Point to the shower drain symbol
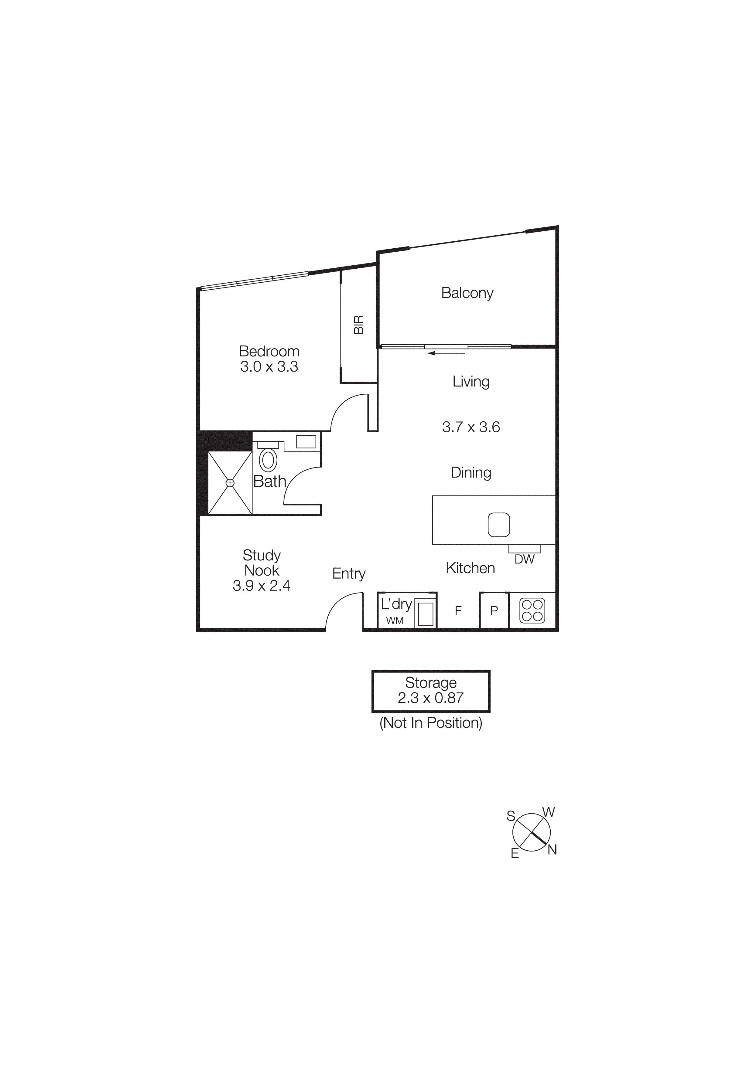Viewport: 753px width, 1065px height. [230, 483]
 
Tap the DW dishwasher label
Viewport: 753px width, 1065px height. [524, 560]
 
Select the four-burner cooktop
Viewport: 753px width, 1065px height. [532, 611]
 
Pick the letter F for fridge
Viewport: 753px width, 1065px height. [458, 611]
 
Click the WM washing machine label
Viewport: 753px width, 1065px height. [395, 621]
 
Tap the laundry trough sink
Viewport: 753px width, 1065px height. [426, 614]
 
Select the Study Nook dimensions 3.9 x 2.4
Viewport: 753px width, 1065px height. [261, 586]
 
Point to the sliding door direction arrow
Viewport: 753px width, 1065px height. [446, 353]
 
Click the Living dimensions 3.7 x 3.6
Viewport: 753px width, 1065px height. [471, 427]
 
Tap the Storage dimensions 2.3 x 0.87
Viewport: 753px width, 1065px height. [430, 698]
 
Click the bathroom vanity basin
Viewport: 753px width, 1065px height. [306, 441]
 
